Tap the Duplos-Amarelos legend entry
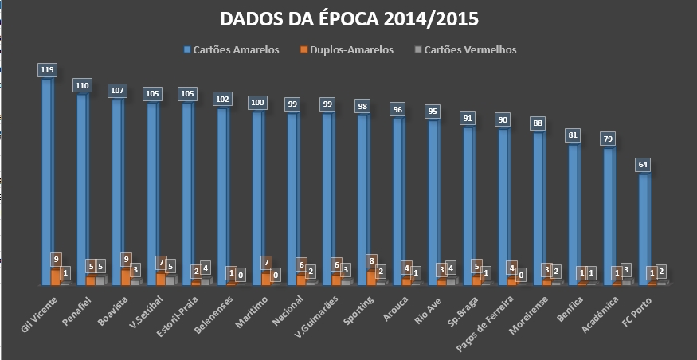(x=354, y=49)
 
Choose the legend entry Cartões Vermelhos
(x=470, y=49)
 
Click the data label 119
(x=48, y=70)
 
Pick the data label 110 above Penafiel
(x=82, y=85)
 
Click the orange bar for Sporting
(x=371, y=276)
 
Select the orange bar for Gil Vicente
(x=55, y=276)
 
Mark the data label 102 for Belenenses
(x=223, y=100)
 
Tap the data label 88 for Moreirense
(x=538, y=123)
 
